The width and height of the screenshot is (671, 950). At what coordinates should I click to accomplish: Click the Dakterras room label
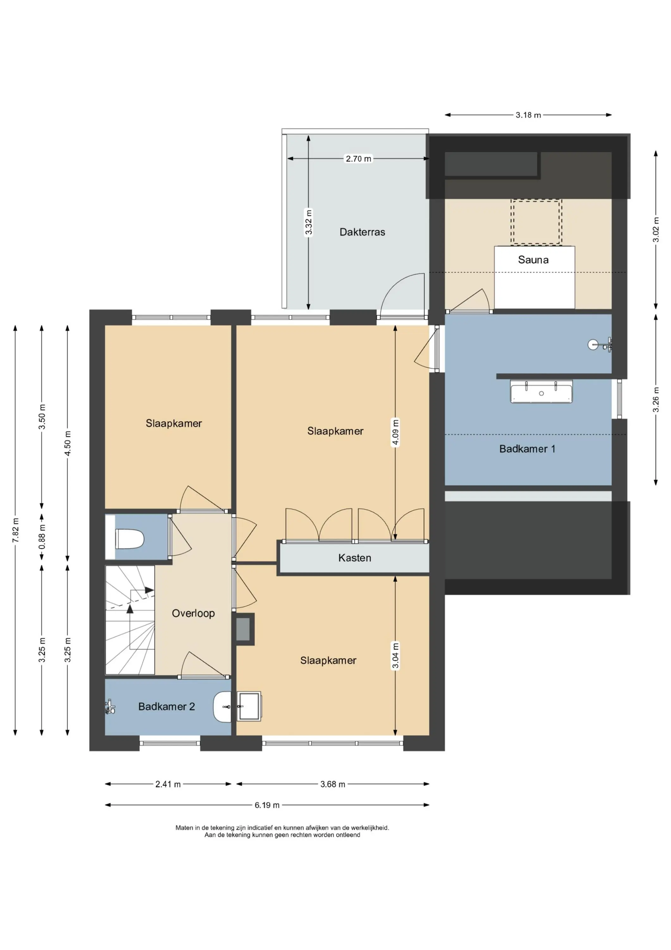pyautogui.click(x=362, y=232)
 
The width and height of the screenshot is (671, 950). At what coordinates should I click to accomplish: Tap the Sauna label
pyautogui.click(x=533, y=260)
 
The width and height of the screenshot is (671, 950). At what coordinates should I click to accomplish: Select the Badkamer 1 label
pyautogui.click(x=527, y=449)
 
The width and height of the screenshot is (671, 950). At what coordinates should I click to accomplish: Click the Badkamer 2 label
pyautogui.click(x=167, y=706)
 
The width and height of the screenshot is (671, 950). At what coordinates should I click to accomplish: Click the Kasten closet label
pyautogui.click(x=355, y=558)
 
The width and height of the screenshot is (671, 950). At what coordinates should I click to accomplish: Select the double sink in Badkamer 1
pyautogui.click(x=541, y=391)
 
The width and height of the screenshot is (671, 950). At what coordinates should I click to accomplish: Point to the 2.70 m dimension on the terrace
pyautogui.click(x=358, y=158)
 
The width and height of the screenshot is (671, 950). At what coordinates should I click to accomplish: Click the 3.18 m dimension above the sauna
pyautogui.click(x=528, y=115)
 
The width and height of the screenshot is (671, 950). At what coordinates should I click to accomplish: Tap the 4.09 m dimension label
pyautogui.click(x=396, y=432)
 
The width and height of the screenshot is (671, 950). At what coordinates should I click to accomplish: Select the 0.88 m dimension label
pyautogui.click(x=42, y=537)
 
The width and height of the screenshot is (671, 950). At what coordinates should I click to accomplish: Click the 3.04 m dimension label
pyautogui.click(x=396, y=655)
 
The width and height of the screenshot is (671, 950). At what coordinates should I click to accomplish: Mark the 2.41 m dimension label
pyautogui.click(x=168, y=784)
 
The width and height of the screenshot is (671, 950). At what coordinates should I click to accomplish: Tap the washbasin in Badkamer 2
pyautogui.click(x=222, y=707)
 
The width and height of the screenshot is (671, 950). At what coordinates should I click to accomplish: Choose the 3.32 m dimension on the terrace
pyautogui.click(x=309, y=222)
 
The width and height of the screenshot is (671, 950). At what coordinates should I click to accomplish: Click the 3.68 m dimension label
pyautogui.click(x=333, y=784)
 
